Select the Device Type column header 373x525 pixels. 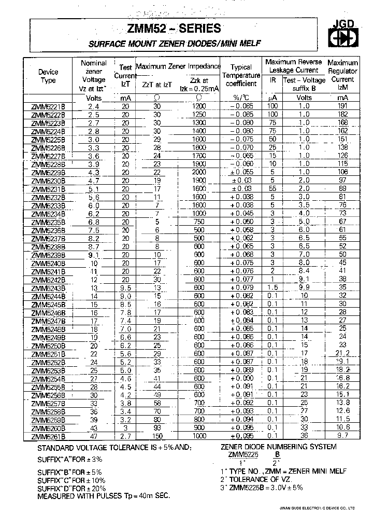[x=48, y=76]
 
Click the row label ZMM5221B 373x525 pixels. [x=48, y=106]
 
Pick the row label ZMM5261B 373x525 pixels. [x=48, y=436]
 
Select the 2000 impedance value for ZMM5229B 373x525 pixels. [x=199, y=172]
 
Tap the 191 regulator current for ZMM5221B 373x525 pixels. [x=342, y=106]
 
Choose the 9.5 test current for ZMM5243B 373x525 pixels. [x=125, y=288]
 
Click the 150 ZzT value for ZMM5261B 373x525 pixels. [x=157, y=436]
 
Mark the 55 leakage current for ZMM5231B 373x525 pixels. [x=272, y=189]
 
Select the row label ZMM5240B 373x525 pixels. [x=48, y=263]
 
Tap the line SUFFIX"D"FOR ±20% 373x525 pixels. [x=73, y=488]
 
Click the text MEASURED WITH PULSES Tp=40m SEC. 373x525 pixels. [x=104, y=496]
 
